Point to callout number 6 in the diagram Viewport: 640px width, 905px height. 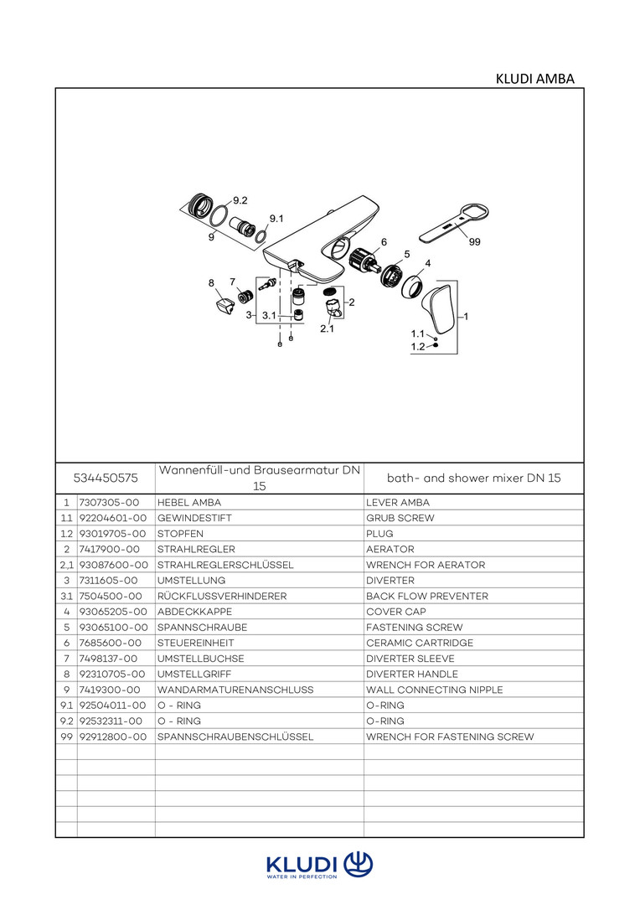tap(384, 241)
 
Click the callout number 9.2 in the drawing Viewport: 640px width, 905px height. tap(240, 200)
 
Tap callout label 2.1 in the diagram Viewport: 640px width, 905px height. tap(327, 329)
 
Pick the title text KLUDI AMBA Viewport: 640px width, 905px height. tap(535, 80)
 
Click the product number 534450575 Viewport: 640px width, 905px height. tap(106, 478)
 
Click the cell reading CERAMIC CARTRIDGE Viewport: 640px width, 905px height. tap(420, 643)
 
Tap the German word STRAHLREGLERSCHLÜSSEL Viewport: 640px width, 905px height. tap(225, 565)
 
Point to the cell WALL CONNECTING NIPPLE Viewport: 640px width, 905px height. tap(435, 690)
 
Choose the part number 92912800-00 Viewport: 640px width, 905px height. tap(112, 737)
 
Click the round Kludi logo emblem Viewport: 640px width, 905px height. tap(359, 863)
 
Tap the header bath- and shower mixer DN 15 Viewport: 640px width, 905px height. tap(473, 478)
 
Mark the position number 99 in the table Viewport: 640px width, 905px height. tap(65, 737)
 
